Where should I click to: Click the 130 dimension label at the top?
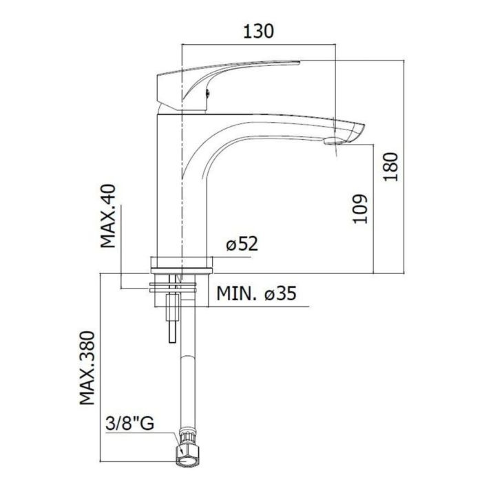pos(258,32)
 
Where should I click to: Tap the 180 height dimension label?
pos(390,167)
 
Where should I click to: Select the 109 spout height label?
pos(360,209)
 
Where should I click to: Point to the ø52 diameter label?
pos(242,244)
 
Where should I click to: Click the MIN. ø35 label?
pos(256,293)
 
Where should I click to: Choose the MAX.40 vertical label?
pos(108,216)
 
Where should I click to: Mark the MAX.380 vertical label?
pos(87,368)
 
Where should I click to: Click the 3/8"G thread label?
pos(129,423)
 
